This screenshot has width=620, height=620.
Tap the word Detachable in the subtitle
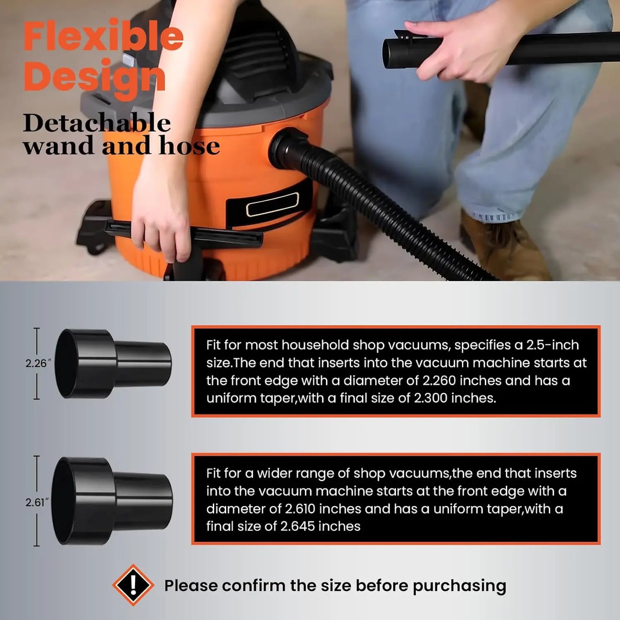[97, 124]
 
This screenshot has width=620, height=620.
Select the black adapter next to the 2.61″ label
[112, 501]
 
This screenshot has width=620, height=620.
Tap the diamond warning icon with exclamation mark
[133, 585]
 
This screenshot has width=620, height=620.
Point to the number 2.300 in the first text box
[431, 398]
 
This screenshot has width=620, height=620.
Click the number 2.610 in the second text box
[301, 509]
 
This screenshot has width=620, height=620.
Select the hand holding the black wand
[455, 49]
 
